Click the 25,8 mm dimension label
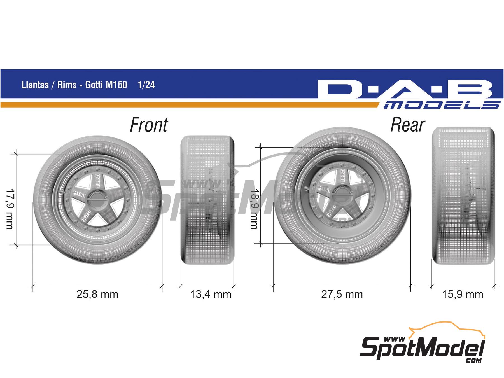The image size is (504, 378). pyautogui.click(x=97, y=294)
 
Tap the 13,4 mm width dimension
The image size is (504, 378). pyautogui.click(x=211, y=294)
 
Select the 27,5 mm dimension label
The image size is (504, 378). pyautogui.click(x=342, y=294)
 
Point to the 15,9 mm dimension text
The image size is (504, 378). pyautogui.click(x=463, y=294)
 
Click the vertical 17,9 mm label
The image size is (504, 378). pyautogui.click(x=10, y=209)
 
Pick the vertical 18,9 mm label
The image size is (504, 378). pyautogui.click(x=254, y=209)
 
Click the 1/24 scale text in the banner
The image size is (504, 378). pyautogui.click(x=146, y=85)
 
